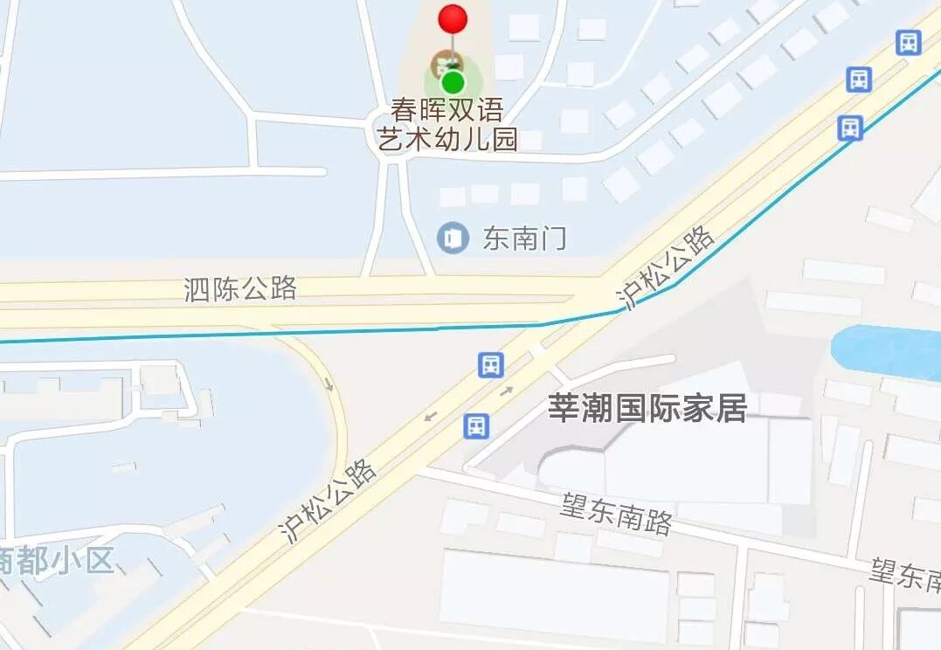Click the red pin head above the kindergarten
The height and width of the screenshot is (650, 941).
coord(453,18)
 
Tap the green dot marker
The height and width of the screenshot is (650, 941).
coord(453,83)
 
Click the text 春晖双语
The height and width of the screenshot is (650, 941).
coord(447,111)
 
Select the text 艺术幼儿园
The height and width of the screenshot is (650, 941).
coord(447,139)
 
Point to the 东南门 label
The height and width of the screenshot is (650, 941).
coord(524,238)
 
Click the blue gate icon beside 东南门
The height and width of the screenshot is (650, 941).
coord(453,238)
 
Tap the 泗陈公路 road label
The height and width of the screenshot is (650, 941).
coord(240,288)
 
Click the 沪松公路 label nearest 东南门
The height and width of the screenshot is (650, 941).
coord(666,267)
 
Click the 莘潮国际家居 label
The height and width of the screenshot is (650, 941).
coord(647,409)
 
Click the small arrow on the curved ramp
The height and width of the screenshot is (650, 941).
coord(329,384)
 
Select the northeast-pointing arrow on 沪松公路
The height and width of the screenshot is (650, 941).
coord(507,391)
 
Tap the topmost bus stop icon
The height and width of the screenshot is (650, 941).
coord(909,42)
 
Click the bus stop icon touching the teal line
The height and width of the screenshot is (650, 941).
coord(850,128)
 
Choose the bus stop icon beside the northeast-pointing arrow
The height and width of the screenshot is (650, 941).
coord(491,364)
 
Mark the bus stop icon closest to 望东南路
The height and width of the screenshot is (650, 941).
coord(476,426)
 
